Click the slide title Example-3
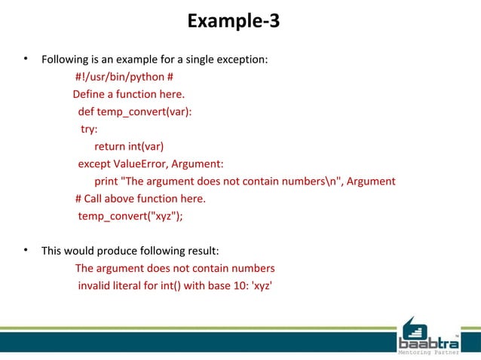pyautogui.click(x=234, y=21)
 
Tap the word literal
pyautogui.click(x=133, y=285)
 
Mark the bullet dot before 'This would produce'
pyautogui.click(x=26, y=250)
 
